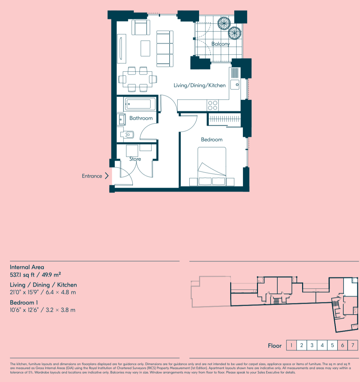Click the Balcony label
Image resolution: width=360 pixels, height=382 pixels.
pos(220,44)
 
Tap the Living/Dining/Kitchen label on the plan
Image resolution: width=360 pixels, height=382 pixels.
pos(200,86)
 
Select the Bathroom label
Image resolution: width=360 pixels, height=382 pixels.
pos(141,118)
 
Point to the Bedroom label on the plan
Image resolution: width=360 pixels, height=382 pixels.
pos(211,139)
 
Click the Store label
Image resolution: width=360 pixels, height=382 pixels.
pos(135,159)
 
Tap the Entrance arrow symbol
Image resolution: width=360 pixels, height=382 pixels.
pos(106,176)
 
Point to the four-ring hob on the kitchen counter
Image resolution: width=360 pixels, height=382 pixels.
pos(212,105)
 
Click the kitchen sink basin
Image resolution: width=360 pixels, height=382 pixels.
pos(235,85)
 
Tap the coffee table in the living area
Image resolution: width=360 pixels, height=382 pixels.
pos(145,49)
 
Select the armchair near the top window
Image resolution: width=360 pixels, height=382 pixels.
pos(141,27)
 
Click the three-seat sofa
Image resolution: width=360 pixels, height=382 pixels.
pos(165,49)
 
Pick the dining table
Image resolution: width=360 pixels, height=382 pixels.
pos(138,79)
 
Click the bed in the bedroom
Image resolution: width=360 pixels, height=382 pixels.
pos(212,166)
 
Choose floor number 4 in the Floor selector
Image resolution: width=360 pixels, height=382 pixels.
pos(322,345)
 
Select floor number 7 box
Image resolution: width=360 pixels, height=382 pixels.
pos(353,345)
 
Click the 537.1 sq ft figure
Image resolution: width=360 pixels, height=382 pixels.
pos(22,275)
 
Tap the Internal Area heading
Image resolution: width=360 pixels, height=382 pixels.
pos(27,267)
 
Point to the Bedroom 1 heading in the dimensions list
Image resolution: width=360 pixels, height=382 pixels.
pos(24,303)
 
